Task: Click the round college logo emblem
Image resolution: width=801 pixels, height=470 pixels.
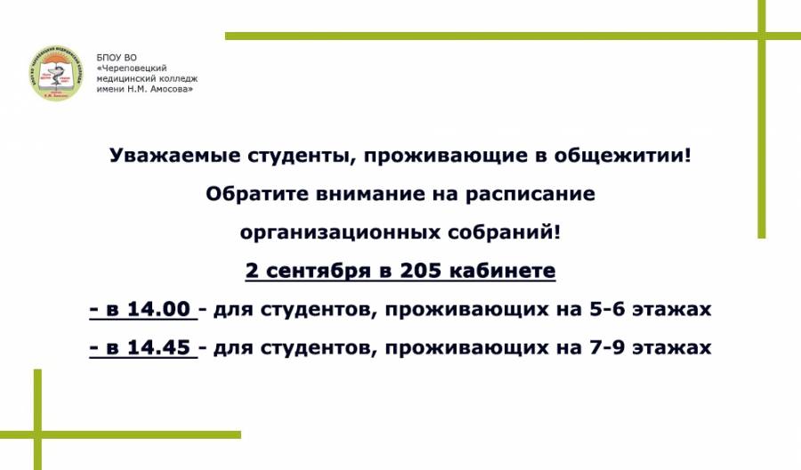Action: click(56, 73)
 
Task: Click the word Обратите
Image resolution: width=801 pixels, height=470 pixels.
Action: click(257, 194)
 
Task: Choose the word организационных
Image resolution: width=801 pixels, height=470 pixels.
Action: click(340, 233)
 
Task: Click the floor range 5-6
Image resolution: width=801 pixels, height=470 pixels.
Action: click(607, 309)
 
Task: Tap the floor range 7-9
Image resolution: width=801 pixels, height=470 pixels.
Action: click(607, 347)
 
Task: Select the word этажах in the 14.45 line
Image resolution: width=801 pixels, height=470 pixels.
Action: click(672, 348)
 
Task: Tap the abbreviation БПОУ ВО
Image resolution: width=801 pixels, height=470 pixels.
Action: click(117, 58)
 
